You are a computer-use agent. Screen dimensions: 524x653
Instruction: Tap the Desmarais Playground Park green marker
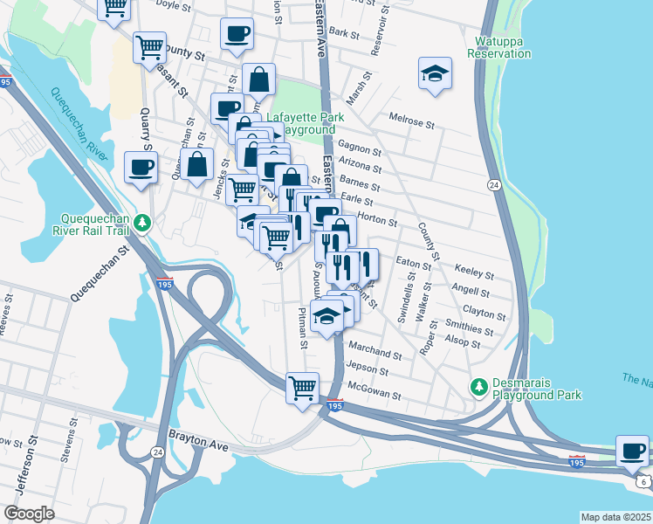pos(478,385)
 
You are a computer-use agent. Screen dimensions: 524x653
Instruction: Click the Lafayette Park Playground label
pos(305,123)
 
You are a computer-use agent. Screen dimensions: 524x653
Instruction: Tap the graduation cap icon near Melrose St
pos(435,75)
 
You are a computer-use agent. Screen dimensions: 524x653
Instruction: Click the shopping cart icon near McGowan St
pos(302,387)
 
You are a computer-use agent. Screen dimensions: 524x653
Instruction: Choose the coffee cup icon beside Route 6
pos(632,452)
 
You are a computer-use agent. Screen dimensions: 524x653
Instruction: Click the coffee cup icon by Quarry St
pos(141,168)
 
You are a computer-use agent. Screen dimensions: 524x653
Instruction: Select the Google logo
pos(30,514)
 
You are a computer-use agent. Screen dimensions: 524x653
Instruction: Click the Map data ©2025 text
pos(615,517)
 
